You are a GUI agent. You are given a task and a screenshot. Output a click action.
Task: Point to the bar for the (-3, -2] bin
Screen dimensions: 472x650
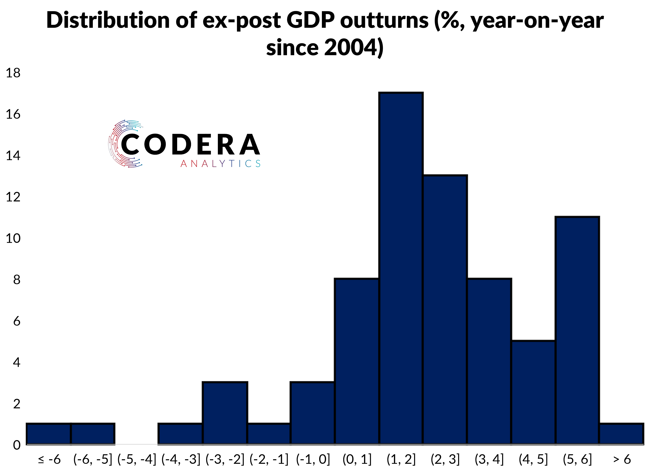click(225, 413)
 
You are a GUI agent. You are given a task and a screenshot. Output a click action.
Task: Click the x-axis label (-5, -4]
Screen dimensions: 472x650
click(137, 459)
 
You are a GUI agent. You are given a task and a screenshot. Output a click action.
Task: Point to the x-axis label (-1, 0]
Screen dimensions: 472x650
click(313, 459)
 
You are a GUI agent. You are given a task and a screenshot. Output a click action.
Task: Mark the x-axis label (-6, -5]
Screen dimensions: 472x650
click(93, 459)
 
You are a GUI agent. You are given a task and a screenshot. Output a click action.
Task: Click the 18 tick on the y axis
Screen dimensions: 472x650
click(13, 73)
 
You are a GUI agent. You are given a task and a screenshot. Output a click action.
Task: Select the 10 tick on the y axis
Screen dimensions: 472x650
click(13, 238)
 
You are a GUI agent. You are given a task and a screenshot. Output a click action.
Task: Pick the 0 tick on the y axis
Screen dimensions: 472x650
click(17, 445)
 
